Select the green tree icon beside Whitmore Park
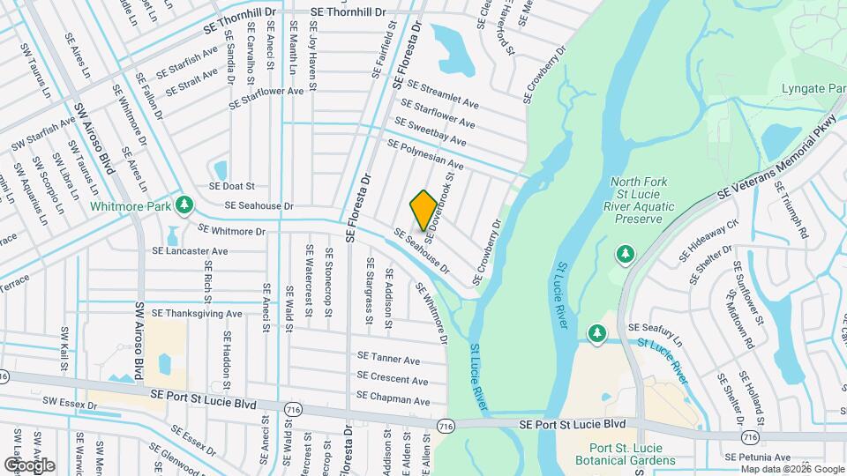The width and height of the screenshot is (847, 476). pyautogui.click(x=184, y=205)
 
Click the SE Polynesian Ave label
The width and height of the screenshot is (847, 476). pyautogui.click(x=424, y=153)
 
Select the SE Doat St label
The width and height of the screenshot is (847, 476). pyautogui.click(x=231, y=187)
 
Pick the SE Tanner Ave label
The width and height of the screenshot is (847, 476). pyautogui.click(x=388, y=359)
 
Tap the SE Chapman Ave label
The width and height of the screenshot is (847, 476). pyautogui.click(x=393, y=399)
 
